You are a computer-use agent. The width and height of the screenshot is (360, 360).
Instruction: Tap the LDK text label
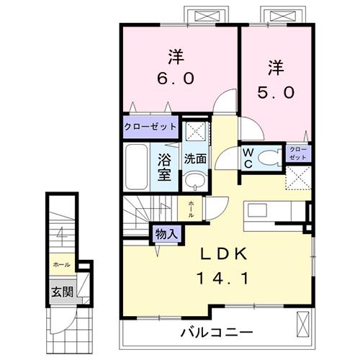coord(223,254)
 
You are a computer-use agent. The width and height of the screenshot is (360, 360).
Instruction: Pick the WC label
coord(248,157)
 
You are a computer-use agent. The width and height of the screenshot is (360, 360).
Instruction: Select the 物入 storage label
coord(166,233)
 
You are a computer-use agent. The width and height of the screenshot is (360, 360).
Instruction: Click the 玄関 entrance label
coord(60,292)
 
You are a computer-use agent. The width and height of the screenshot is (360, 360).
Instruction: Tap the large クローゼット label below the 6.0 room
coord(150,126)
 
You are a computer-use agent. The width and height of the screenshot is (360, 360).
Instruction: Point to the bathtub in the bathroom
coord(135,167)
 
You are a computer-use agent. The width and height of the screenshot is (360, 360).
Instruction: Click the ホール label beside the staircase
coord(191,209)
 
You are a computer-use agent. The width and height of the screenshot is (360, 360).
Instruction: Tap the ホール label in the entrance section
coord(60,265)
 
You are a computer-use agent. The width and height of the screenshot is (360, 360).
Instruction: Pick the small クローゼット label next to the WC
coord(298,153)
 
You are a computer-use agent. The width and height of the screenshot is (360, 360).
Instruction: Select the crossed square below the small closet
coord(298,177)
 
